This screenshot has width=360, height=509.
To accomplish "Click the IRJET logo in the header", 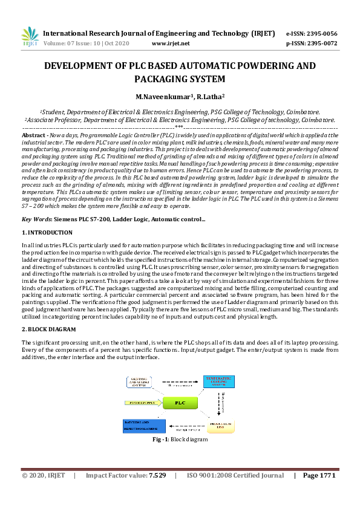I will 30,37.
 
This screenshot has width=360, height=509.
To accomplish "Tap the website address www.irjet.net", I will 171,44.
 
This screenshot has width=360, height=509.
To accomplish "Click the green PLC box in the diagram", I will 180,402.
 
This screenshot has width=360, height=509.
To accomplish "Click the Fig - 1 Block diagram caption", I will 180,439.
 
